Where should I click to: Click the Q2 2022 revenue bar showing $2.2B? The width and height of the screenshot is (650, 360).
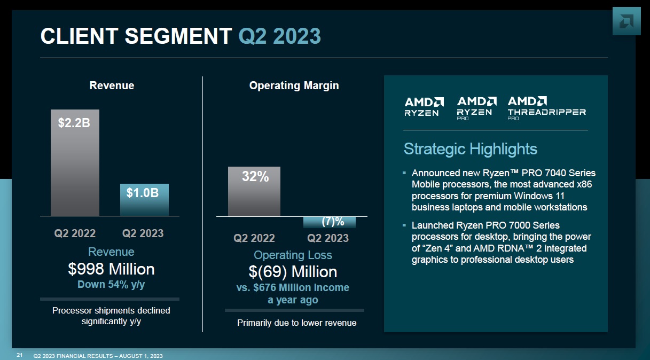click(x=75, y=162)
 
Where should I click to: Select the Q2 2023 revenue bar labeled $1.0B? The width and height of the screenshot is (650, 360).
click(x=144, y=199)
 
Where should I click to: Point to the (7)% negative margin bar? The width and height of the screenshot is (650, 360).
click(x=329, y=222)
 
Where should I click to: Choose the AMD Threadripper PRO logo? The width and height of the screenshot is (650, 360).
click(x=546, y=107)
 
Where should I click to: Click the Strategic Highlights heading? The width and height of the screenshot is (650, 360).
click(x=470, y=148)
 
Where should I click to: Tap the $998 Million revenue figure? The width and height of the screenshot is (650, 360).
click(x=111, y=269)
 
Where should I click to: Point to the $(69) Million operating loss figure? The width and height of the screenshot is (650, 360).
click(x=293, y=272)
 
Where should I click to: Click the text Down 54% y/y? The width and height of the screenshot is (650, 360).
click(x=111, y=285)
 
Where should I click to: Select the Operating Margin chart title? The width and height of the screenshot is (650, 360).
click(x=294, y=85)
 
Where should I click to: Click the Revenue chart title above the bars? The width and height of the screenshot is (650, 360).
click(x=112, y=85)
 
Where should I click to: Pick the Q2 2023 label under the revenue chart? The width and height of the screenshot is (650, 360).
click(x=143, y=233)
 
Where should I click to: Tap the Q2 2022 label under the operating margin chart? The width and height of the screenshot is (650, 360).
click(x=254, y=238)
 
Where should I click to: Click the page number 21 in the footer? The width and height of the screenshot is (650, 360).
click(x=19, y=355)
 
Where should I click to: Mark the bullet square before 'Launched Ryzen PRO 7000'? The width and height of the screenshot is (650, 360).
click(x=404, y=225)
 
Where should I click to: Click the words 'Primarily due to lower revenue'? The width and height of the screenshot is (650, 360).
click(x=296, y=323)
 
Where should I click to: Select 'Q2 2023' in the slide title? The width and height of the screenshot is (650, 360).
click(x=279, y=36)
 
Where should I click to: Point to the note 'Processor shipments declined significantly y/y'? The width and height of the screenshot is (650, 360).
click(x=111, y=316)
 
